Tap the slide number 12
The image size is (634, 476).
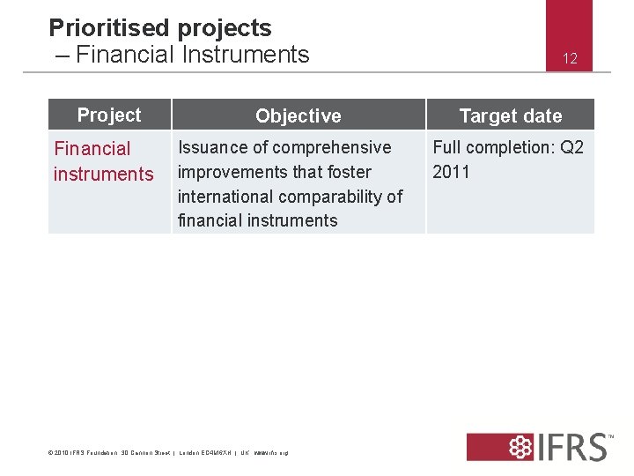coord(570,59)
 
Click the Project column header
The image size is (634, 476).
coord(109,115)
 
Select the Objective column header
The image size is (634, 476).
coord(299,115)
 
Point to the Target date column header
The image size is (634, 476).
coord(511,115)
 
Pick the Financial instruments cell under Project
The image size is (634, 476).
coord(103,161)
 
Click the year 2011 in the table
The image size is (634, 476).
coord(451,172)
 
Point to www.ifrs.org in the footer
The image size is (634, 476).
coord(271,453)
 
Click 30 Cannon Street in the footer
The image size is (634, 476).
coord(145,453)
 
